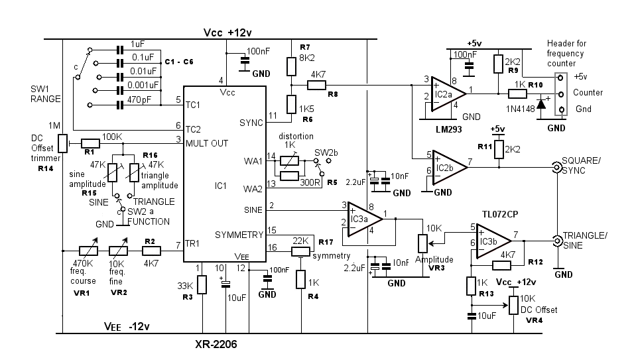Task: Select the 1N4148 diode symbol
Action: [x=541, y=103]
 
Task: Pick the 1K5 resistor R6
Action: [x=290, y=104]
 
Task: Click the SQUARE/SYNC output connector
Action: [x=556, y=167]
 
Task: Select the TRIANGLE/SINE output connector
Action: [x=556, y=240]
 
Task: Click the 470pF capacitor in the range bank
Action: [x=120, y=105]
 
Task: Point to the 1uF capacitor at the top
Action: [x=120, y=50]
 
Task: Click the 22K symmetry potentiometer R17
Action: [x=300, y=251]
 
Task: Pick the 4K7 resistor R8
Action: [x=316, y=85]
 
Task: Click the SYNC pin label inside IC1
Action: [x=251, y=123]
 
